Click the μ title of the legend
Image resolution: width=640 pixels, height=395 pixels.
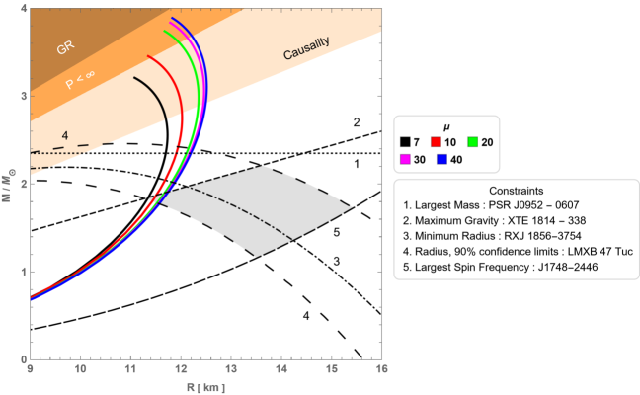[446, 126]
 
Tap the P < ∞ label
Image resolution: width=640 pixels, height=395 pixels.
[82, 81]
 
